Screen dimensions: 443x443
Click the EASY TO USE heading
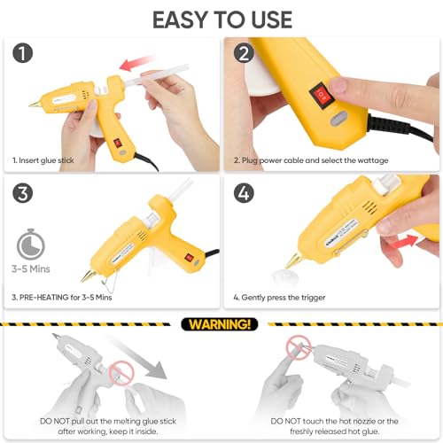221,19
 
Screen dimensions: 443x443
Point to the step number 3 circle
24,194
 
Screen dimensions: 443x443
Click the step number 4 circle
244,194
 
